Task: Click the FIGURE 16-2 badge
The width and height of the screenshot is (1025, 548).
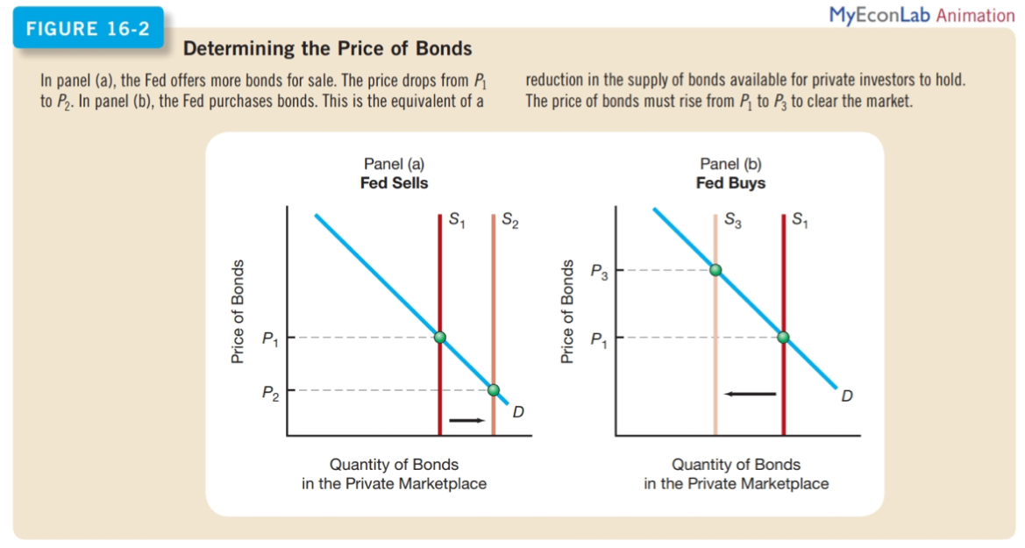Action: coord(88,28)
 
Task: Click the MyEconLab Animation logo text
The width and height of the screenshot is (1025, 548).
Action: coord(922,15)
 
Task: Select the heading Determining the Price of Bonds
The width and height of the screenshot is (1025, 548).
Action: coord(327,49)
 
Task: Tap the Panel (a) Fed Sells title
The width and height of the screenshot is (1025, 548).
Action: coord(394,174)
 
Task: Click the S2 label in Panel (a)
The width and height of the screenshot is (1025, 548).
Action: coord(509,222)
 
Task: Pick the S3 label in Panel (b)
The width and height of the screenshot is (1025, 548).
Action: coord(734,222)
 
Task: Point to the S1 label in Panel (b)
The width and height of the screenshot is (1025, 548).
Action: coord(801,222)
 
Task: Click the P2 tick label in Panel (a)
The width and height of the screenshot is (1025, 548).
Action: coord(270,392)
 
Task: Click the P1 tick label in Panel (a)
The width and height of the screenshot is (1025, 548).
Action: coord(270,338)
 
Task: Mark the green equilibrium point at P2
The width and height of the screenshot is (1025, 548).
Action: coord(494,390)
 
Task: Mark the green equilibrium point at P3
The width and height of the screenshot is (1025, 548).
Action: coord(715,270)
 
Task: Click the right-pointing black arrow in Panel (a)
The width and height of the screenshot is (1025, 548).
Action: coord(466,420)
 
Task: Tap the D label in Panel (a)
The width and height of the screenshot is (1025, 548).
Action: coord(517,412)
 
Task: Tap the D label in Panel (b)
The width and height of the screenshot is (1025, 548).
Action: coord(846,395)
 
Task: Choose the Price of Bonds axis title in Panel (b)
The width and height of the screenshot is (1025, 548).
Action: coord(567,312)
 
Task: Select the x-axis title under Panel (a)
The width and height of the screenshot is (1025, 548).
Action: coord(394,473)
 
